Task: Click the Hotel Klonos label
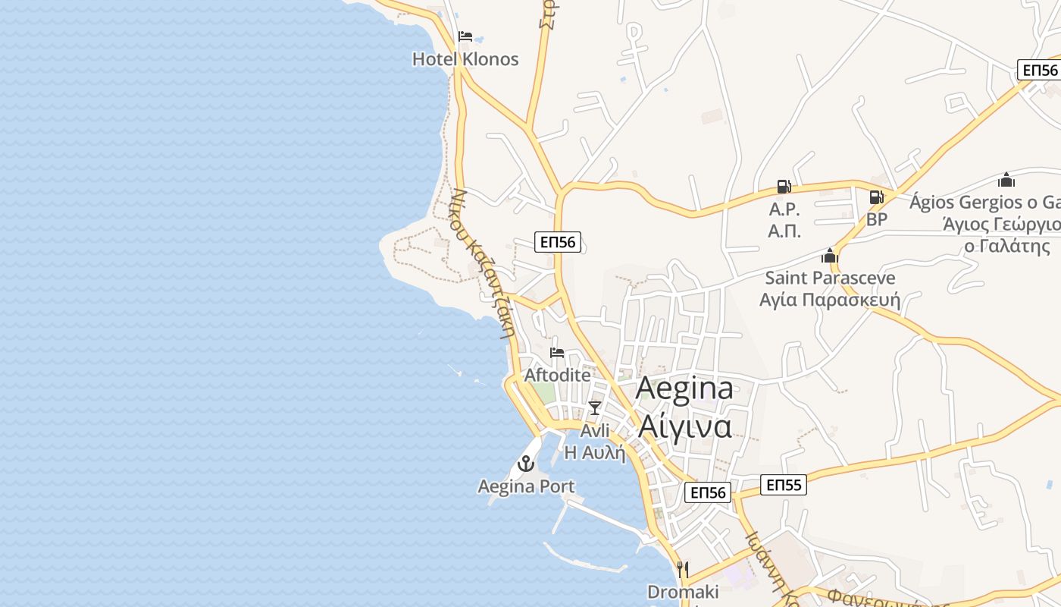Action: [x=465, y=59]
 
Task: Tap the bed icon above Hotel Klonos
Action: [x=465, y=36]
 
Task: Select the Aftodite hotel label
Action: [x=557, y=376]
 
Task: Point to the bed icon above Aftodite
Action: [x=557, y=353]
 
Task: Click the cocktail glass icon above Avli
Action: [x=595, y=408]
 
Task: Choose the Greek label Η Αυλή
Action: [x=596, y=453]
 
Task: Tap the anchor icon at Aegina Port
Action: [x=526, y=464]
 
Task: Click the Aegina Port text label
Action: [x=526, y=486]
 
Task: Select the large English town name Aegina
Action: [x=684, y=388]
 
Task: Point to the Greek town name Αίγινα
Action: [x=684, y=426]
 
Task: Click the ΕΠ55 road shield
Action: [x=784, y=485]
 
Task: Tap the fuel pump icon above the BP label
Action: [x=876, y=197]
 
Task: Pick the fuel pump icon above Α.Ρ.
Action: [x=784, y=187]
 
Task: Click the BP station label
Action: [x=877, y=219]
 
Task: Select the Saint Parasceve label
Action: [x=830, y=278]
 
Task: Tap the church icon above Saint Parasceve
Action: [x=830, y=256]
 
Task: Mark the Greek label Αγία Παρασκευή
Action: [x=830, y=300]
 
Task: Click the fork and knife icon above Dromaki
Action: [x=683, y=569]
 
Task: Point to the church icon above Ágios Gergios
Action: [x=1006, y=180]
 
